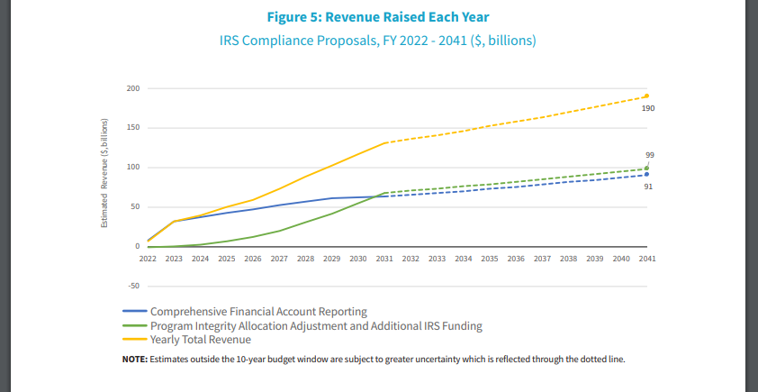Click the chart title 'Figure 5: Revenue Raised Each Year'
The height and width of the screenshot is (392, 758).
tap(379, 16)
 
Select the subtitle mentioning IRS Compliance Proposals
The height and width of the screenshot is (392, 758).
tap(379, 41)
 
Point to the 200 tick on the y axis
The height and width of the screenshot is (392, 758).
tap(133, 88)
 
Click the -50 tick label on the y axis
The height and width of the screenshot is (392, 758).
tap(133, 287)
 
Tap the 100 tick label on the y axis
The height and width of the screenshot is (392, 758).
tap(133, 168)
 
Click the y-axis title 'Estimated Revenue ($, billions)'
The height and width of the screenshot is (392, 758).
tap(104, 171)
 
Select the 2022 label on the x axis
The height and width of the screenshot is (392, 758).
tap(149, 259)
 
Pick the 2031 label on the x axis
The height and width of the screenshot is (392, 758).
tap(384, 259)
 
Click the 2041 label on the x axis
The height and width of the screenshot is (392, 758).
tap(646, 259)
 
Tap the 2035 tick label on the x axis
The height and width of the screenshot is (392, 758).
tap(489, 259)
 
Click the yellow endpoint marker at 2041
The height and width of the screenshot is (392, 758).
tap(646, 96)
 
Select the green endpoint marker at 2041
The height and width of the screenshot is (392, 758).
tap(646, 169)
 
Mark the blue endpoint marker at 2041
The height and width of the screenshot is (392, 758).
tap(646, 175)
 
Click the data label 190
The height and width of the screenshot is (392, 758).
tap(648, 108)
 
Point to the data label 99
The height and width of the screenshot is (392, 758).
tap(649, 156)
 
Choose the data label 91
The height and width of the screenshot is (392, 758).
tap(648, 187)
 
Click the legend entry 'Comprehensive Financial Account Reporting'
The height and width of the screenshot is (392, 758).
tap(258, 311)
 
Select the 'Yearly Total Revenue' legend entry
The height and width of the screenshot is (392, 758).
tap(200, 340)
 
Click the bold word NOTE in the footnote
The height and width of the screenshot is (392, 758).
tap(135, 360)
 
